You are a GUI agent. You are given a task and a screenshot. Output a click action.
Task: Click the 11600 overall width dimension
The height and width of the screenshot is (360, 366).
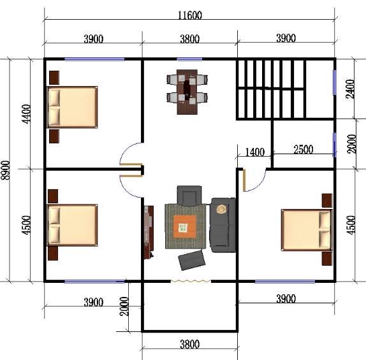click(190, 15)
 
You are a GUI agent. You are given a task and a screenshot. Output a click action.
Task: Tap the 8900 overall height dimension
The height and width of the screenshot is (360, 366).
click(5, 170)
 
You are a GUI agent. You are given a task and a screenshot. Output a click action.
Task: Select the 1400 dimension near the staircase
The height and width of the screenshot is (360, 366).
click(255, 152)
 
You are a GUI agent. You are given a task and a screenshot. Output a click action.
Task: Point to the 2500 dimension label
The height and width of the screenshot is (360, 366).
click(304, 149)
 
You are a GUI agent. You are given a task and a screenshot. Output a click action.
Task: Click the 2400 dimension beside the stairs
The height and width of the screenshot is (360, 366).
click(351, 89)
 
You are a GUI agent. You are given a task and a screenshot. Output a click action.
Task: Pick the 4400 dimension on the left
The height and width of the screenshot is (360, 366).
click(26, 114)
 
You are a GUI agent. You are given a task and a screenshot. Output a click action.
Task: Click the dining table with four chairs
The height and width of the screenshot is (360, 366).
click(187, 92)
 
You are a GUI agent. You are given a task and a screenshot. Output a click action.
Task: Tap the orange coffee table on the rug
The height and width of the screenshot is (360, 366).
click(185, 227)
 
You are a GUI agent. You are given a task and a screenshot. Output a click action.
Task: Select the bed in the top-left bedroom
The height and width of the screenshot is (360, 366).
click(72, 107)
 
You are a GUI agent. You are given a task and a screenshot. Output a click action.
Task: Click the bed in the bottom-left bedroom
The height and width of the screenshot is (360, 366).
click(72, 225)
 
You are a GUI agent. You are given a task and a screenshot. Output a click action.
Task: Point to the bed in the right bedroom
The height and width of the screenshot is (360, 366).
click(307, 230)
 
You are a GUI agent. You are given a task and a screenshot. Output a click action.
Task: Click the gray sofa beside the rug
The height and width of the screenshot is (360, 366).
click(223, 225)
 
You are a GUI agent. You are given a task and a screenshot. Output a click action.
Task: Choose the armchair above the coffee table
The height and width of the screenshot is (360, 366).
click(189, 196)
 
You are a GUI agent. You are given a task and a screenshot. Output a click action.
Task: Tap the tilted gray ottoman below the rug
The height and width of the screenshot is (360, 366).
click(192, 261)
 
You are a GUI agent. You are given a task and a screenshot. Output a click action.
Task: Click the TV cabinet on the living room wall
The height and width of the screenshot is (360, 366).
click(149, 233)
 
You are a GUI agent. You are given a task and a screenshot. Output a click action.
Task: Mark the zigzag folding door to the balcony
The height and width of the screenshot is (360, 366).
click(191, 282)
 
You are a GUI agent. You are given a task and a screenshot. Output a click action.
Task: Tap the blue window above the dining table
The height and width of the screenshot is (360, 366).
click(189, 59)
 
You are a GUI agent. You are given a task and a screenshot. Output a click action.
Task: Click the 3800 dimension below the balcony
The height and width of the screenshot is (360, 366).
click(190, 344)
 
